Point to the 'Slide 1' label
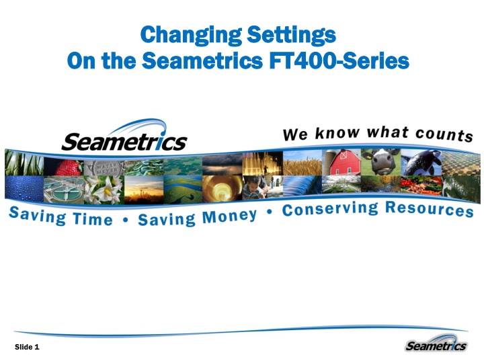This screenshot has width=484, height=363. (x=28, y=347)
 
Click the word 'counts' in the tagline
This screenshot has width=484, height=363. (x=444, y=134)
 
